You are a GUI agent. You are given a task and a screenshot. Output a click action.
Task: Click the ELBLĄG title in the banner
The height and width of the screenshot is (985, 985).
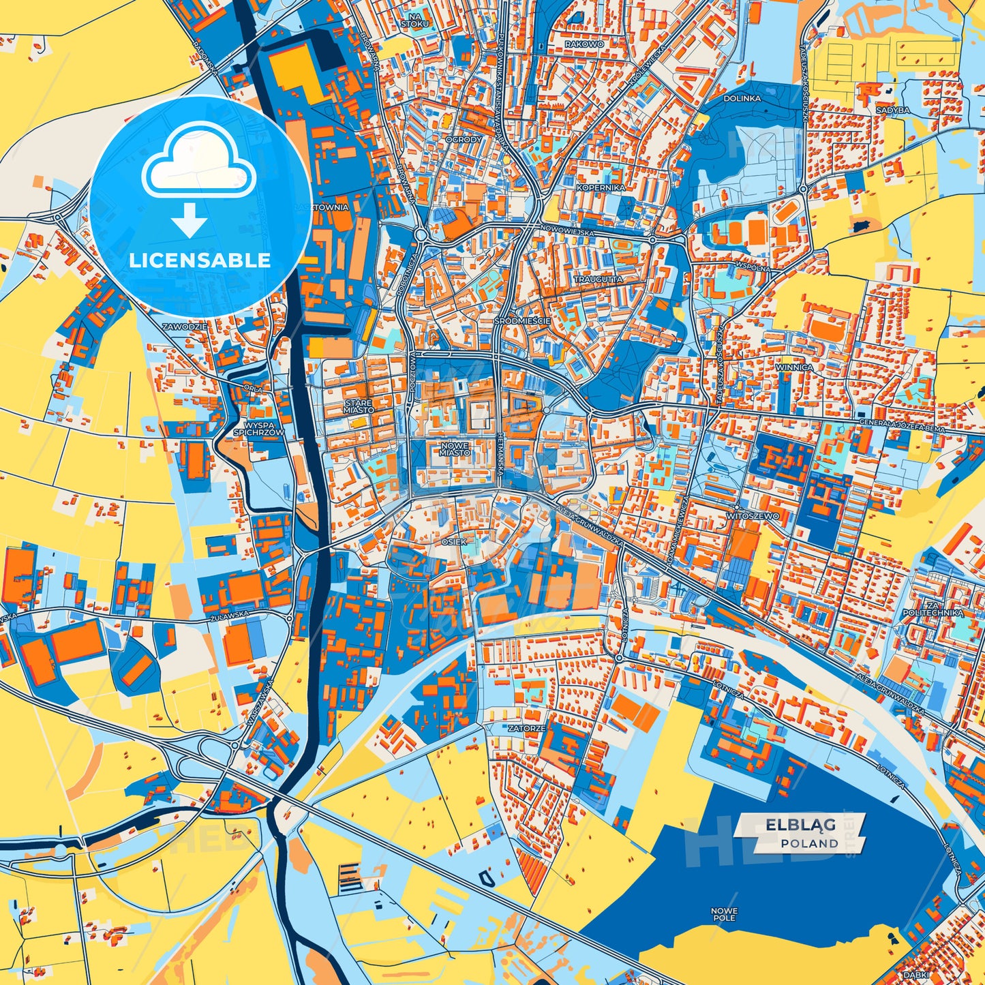[x=800, y=825]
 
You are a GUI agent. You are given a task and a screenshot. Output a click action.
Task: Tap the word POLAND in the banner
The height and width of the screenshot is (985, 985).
[x=810, y=843]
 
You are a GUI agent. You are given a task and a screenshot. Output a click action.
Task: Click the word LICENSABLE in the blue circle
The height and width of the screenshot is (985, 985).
[x=200, y=260]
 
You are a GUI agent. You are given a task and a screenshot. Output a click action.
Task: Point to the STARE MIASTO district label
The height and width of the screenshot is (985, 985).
[x=359, y=407]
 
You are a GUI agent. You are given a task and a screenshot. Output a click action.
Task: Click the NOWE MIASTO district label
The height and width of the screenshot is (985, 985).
[x=455, y=449]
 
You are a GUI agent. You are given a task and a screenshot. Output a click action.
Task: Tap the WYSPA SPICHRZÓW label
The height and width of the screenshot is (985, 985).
[x=258, y=428]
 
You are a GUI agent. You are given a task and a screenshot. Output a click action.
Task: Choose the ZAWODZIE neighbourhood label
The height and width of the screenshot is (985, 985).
[x=184, y=327]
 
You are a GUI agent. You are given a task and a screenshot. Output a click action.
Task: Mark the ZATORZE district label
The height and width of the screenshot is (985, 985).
[x=526, y=728]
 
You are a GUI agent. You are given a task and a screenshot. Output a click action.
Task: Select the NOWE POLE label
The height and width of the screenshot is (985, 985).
[x=723, y=914]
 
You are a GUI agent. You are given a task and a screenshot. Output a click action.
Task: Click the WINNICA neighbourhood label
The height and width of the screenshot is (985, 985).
[x=794, y=367]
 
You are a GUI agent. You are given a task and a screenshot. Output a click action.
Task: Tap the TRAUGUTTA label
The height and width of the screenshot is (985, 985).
[x=598, y=279]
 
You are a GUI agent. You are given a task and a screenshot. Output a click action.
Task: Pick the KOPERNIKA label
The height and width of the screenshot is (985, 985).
[x=601, y=187]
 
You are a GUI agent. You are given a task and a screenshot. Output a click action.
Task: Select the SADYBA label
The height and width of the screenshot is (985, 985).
[x=892, y=110]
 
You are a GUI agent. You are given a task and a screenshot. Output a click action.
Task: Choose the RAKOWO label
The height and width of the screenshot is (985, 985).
[x=584, y=44]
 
